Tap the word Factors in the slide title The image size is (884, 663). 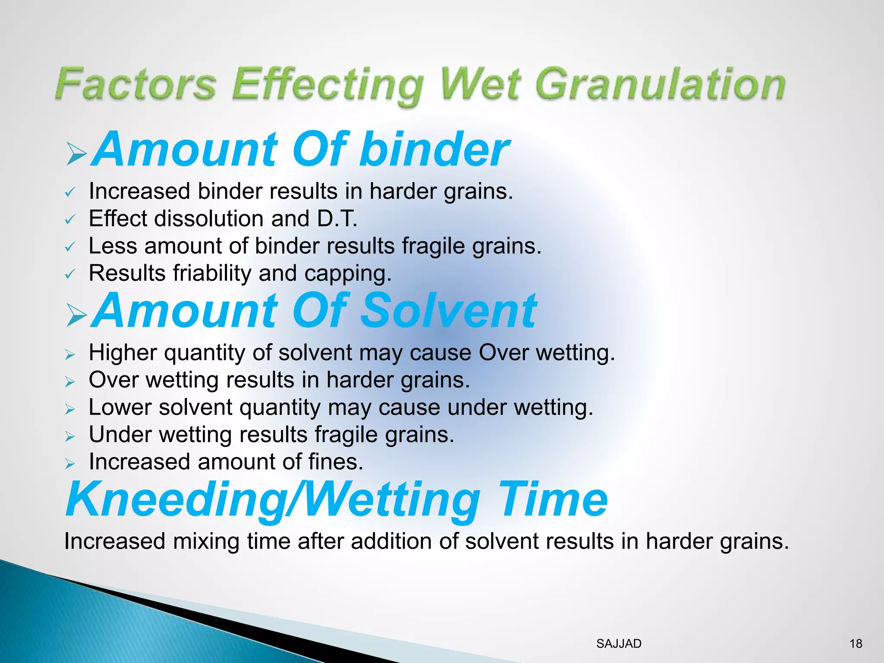[x=136, y=84]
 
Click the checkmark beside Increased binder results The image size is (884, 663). [x=70, y=193]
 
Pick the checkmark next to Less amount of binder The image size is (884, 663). [x=70, y=247]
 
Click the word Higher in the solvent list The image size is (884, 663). [x=123, y=353]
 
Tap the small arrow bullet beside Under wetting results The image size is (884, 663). [x=70, y=436]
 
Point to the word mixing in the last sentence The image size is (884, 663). [x=206, y=541]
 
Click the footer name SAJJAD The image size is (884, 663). [x=619, y=644]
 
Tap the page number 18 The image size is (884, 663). [x=856, y=644]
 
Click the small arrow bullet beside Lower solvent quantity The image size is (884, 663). [x=70, y=409]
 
